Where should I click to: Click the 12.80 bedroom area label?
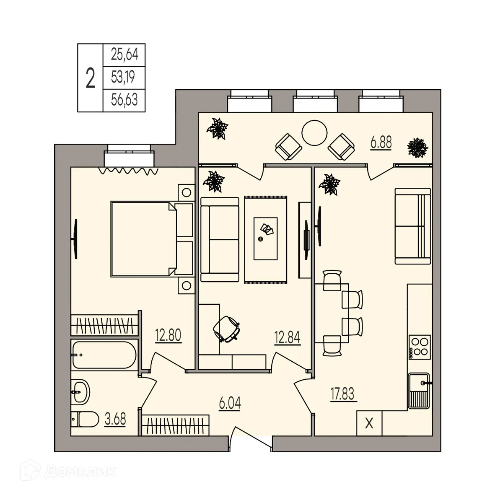(168, 336)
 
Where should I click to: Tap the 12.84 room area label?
(287, 337)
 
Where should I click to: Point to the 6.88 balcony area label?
(381, 143)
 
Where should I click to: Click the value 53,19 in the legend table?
(124, 77)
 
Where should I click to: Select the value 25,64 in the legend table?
(124, 54)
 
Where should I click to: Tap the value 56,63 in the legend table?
(124, 100)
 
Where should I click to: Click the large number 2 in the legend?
(90, 78)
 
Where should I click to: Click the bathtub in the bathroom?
(104, 355)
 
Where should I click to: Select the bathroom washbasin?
(80, 392)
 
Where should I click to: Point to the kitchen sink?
(418, 390)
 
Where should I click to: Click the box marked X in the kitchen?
(369, 424)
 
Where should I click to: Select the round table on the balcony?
(314, 133)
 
